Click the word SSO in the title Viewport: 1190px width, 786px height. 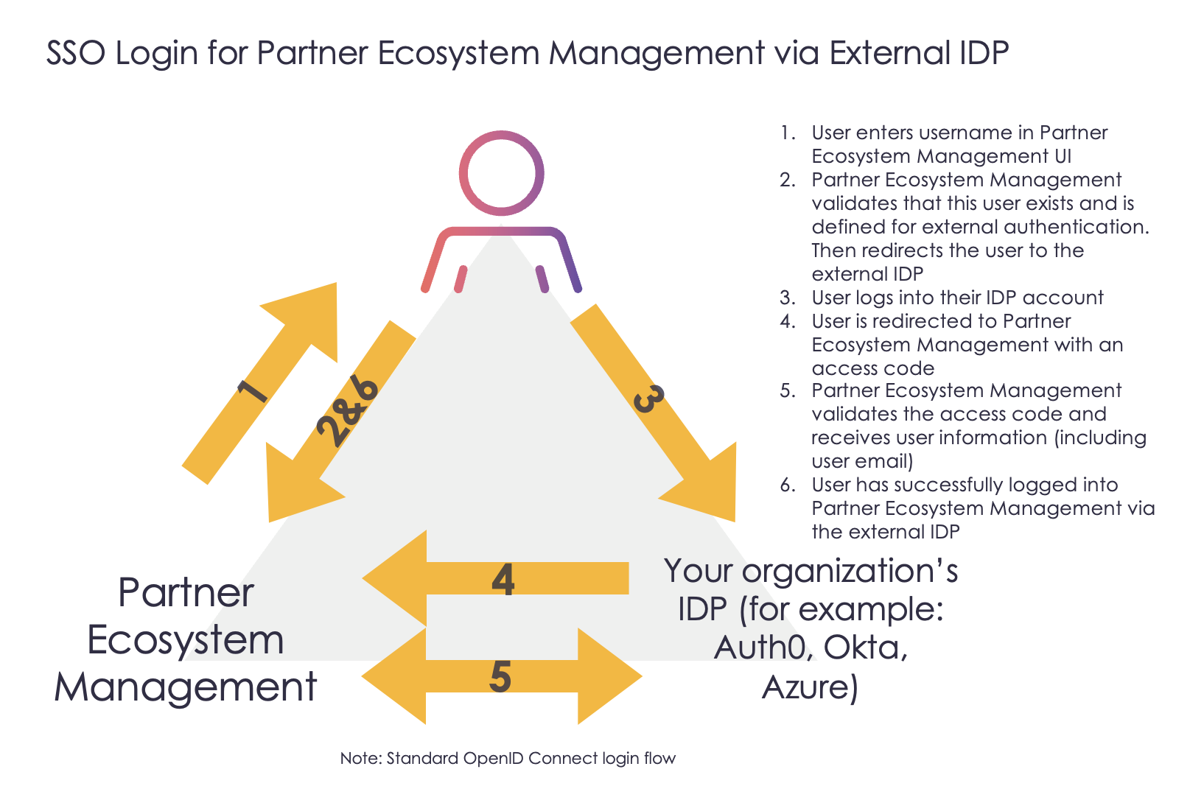pyautogui.click(x=75, y=52)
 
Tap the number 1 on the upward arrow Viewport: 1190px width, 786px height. pyautogui.click(x=252, y=390)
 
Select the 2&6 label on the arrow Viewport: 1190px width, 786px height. pyautogui.click(x=348, y=411)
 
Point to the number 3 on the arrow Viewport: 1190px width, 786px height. pyautogui.click(x=649, y=399)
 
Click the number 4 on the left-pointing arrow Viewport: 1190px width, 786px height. pyautogui.click(x=503, y=580)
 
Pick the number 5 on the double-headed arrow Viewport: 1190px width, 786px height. pyautogui.click(x=500, y=676)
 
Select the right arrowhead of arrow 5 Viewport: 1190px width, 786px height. pyautogui.click(x=609, y=676)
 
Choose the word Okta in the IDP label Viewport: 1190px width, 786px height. pyautogui.click(x=865, y=648)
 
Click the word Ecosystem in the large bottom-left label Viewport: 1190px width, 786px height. pyautogui.click(x=186, y=640)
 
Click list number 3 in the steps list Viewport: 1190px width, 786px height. pyautogui.click(x=788, y=298)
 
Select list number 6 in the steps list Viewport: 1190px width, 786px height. pyautogui.click(x=788, y=485)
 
